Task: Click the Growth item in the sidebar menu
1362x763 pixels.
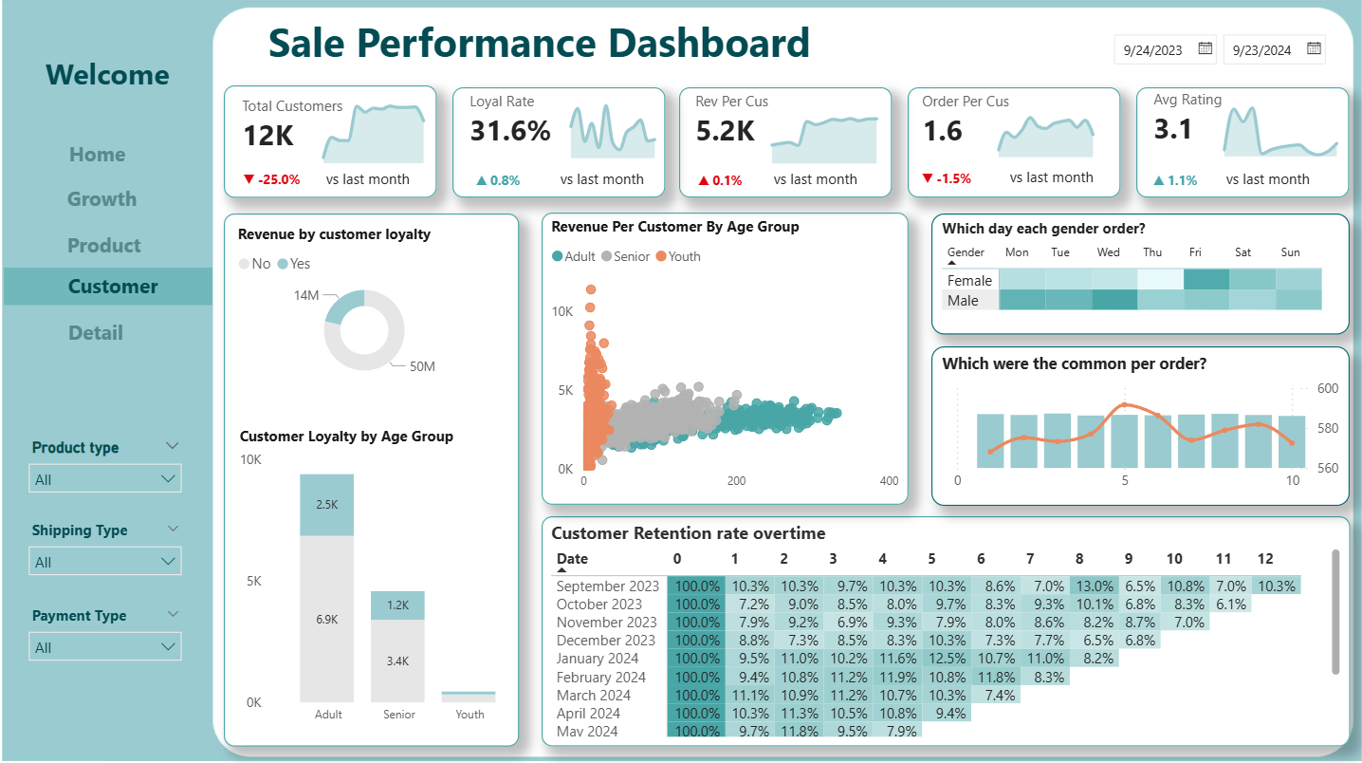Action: pyautogui.click(x=101, y=199)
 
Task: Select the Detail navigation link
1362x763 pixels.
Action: pyautogui.click(x=96, y=333)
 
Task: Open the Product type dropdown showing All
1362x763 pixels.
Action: pyautogui.click(x=105, y=479)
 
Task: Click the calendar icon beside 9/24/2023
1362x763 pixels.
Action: pyautogui.click(x=1206, y=48)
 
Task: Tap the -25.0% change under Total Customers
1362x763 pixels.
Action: pyautogui.click(x=271, y=179)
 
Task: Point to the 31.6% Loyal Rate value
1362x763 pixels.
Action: pyautogui.click(x=510, y=131)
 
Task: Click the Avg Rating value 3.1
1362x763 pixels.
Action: pyautogui.click(x=1172, y=129)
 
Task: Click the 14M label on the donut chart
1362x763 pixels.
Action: pyautogui.click(x=306, y=295)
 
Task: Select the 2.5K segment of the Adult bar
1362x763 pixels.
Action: pyautogui.click(x=327, y=505)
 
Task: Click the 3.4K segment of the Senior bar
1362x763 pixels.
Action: pyautogui.click(x=397, y=661)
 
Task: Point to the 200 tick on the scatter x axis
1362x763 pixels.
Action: pyautogui.click(x=736, y=481)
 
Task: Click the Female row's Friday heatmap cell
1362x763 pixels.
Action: pyautogui.click(x=1206, y=280)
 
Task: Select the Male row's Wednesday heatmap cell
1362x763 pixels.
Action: pyautogui.click(x=1114, y=300)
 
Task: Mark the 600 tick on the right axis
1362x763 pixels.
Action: pyautogui.click(x=1328, y=388)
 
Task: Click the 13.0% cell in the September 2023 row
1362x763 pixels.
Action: pyautogui.click(x=1095, y=586)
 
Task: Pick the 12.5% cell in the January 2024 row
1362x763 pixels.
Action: pyautogui.click(x=947, y=659)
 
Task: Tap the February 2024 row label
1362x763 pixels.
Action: pyautogui.click(x=601, y=678)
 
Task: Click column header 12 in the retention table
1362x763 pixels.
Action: pyautogui.click(x=1264, y=559)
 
